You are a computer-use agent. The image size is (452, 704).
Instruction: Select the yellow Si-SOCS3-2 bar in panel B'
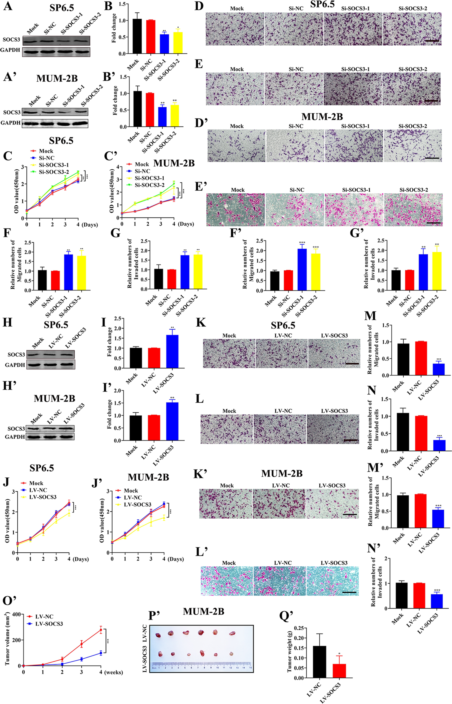tap(175, 116)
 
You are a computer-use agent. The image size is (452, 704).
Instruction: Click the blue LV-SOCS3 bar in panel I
tap(172, 351)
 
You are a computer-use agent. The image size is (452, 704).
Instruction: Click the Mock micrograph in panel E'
tap(235, 209)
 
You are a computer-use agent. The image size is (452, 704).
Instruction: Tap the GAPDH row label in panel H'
tap(15, 437)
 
